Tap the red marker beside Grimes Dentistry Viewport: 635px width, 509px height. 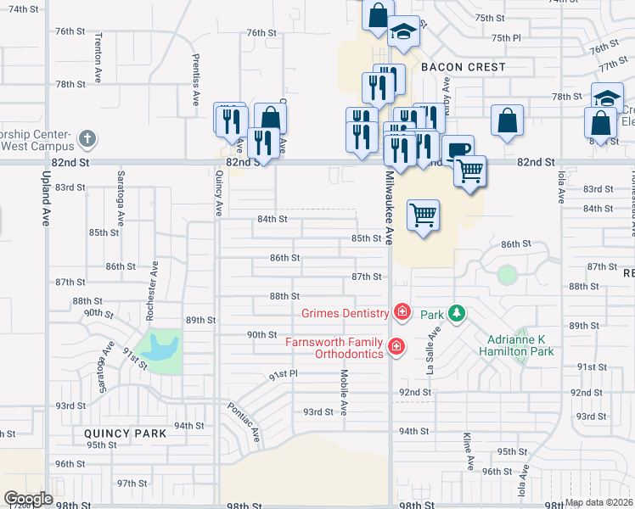[x=402, y=313]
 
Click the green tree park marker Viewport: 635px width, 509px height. [x=457, y=314]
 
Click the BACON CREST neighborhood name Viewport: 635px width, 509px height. [x=464, y=67]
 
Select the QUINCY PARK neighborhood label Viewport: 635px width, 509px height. [x=125, y=433]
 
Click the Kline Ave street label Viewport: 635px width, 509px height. [x=467, y=450]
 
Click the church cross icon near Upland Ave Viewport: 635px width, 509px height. [x=87, y=137]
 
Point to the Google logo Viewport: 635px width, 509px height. [x=29, y=499]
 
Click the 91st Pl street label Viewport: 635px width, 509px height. [x=284, y=373]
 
